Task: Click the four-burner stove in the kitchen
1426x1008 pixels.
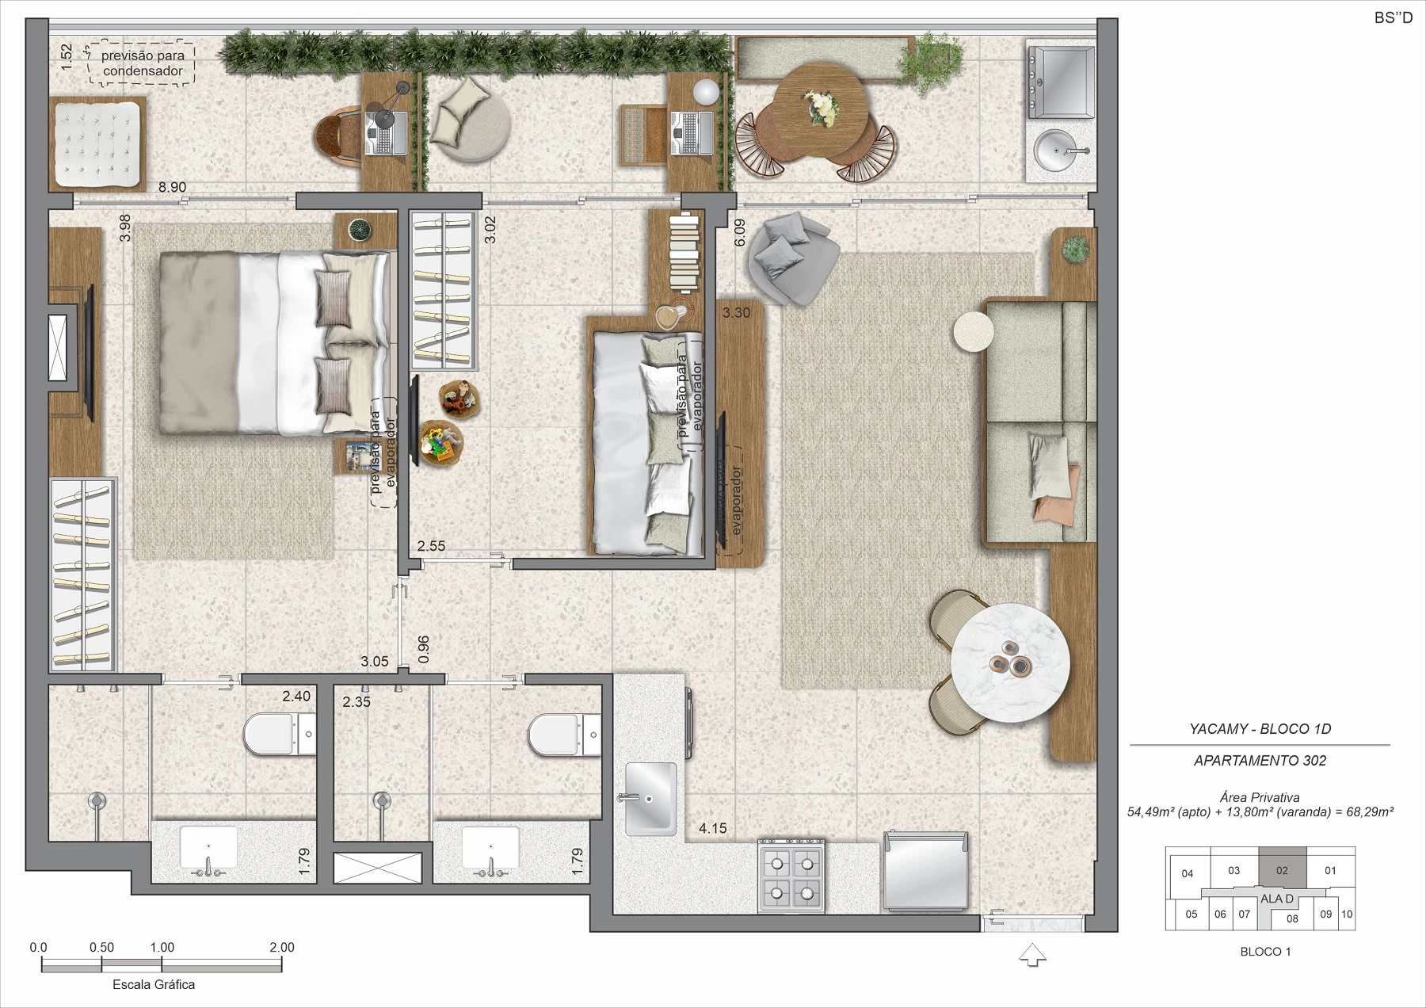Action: tap(791, 875)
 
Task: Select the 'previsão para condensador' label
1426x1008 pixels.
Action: tap(143, 63)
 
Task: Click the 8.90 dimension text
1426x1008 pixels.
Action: tap(172, 188)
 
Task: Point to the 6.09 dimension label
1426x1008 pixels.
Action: tap(740, 232)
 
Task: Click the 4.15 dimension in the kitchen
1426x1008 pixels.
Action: tap(712, 828)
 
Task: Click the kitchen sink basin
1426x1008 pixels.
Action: tap(650, 798)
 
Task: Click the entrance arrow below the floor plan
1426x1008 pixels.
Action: tap(1032, 955)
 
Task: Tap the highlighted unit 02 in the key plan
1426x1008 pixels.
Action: tap(1282, 869)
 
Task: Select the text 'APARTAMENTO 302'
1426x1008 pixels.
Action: tap(1260, 761)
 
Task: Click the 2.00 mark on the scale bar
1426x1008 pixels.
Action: tap(281, 947)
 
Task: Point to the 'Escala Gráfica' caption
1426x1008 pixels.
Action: tap(154, 984)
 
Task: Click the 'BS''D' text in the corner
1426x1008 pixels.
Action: tap(1394, 17)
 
